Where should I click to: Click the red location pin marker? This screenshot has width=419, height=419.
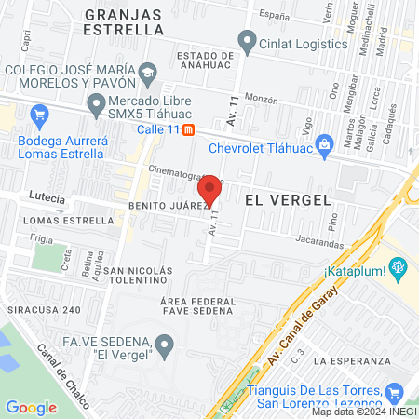click(210, 190)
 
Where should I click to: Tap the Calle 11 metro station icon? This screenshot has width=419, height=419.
click(188, 129)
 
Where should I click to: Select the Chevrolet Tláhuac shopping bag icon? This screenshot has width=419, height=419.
click(323, 142)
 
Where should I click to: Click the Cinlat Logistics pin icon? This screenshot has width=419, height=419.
click(247, 40)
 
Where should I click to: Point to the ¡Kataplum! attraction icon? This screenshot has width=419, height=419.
click(399, 271)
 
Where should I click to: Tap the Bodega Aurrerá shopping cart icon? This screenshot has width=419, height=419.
click(38, 116)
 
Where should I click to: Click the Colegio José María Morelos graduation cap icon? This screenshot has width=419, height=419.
click(147, 72)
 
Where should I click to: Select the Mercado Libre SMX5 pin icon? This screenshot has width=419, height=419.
click(93, 102)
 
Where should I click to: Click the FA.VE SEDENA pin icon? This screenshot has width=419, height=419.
click(164, 346)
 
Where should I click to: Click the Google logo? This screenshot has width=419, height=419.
click(31, 407)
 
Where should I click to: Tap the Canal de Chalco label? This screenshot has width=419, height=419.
click(58, 369)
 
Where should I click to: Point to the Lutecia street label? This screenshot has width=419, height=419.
click(47, 198)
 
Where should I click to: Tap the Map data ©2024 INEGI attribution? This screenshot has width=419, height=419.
click(362, 412)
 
